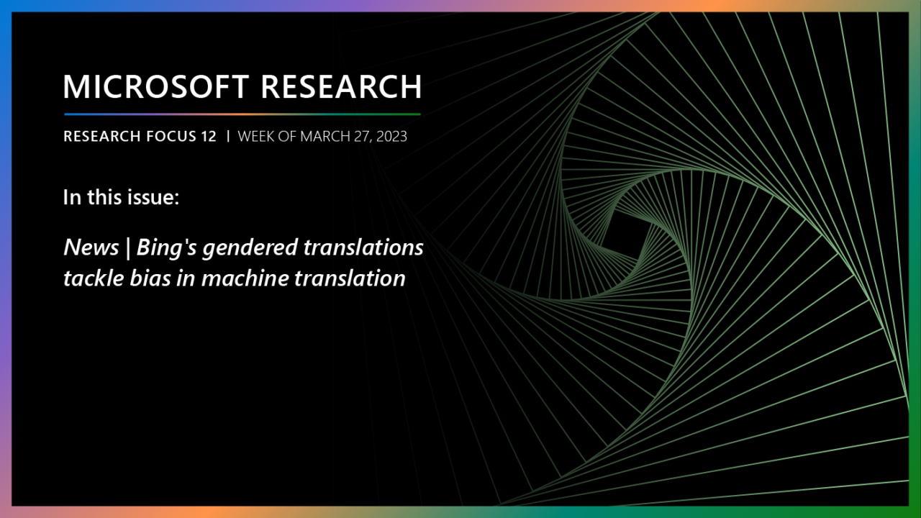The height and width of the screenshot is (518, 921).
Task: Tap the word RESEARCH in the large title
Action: (340, 86)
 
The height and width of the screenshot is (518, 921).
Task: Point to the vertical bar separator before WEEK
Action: (227, 136)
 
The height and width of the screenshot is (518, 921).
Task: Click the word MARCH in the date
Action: (325, 136)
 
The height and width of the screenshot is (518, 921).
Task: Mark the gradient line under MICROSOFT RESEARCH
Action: (242, 114)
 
